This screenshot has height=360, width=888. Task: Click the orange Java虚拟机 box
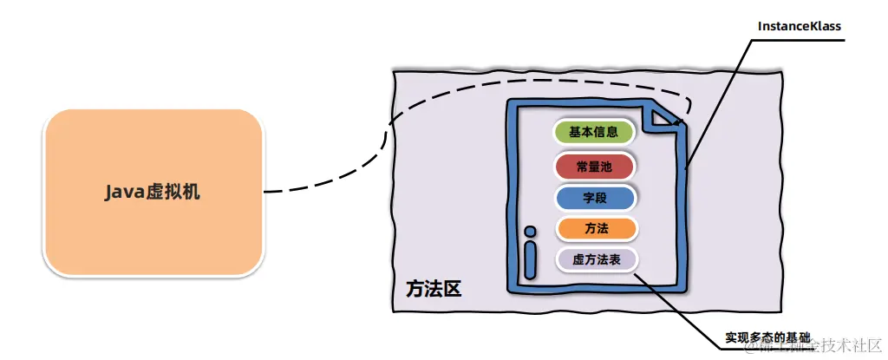click(153, 192)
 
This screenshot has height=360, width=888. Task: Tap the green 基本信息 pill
click(594, 133)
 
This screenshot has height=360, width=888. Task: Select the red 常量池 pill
click(594, 166)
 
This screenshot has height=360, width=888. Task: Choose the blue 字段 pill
click(594, 198)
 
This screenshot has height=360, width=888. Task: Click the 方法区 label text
click(434, 289)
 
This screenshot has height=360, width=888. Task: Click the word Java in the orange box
click(123, 192)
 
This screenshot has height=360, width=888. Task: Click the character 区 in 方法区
click(452, 289)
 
